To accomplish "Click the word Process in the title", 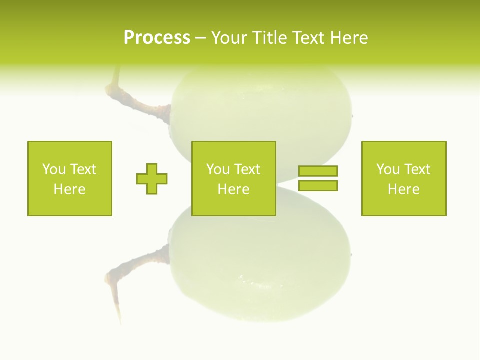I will click(157, 38).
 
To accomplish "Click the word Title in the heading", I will click(268, 38).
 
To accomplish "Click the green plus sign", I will click(152, 178).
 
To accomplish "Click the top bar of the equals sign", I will click(318, 171).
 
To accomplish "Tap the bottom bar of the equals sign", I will click(318, 186).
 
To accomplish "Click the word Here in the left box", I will click(69, 189).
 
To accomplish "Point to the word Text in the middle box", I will click(249, 169).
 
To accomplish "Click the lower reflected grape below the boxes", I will click(265, 270).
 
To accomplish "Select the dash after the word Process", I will click(200, 38).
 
